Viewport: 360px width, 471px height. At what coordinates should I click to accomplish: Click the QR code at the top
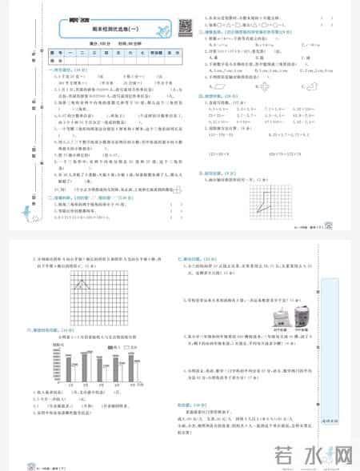click(x=183, y=26)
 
